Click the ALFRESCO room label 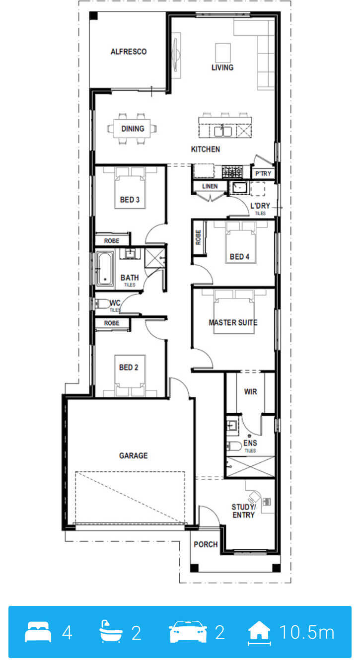point(129,52)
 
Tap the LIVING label point(222,68)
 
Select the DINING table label point(133,129)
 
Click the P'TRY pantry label point(263,173)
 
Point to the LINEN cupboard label point(210,186)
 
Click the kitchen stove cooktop point(232,171)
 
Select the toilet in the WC point(101,304)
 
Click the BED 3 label point(130,200)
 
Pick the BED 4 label point(239,256)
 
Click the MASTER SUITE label point(233,322)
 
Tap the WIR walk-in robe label point(251,391)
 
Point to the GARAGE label point(133,455)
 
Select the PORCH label point(206,544)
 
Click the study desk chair point(254,496)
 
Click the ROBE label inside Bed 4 point(198,237)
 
